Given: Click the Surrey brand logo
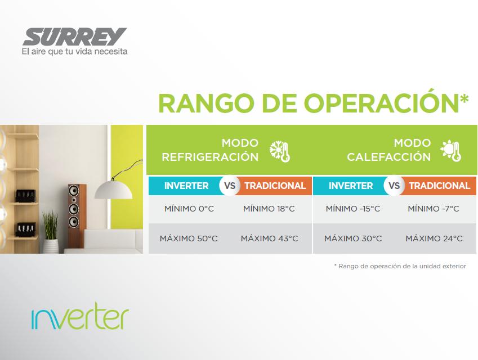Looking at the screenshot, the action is (75, 37).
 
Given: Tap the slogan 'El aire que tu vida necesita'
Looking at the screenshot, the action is (74, 52).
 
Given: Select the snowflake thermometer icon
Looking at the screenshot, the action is (280, 151).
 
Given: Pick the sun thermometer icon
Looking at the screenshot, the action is (450, 151).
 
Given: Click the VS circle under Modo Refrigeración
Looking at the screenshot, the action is (230, 186).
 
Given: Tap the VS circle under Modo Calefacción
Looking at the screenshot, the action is (394, 186).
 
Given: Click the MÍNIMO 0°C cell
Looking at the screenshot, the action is (189, 209).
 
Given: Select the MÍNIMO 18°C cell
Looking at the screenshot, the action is (269, 209).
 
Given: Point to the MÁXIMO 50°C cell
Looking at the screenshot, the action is (189, 238).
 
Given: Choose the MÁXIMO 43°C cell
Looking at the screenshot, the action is (270, 238).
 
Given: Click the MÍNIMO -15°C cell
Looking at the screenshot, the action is (353, 209).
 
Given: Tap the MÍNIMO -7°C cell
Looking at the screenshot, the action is (433, 209).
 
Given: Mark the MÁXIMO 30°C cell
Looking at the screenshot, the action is (353, 238).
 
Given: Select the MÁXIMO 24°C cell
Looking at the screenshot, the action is (434, 238).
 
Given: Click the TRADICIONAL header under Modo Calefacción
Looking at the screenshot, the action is (440, 186).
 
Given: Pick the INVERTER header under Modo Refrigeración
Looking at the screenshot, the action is (186, 186).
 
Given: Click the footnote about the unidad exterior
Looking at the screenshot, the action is (400, 266).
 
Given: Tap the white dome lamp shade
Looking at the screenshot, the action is (113, 190).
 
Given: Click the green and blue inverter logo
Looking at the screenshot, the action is (80, 316).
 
